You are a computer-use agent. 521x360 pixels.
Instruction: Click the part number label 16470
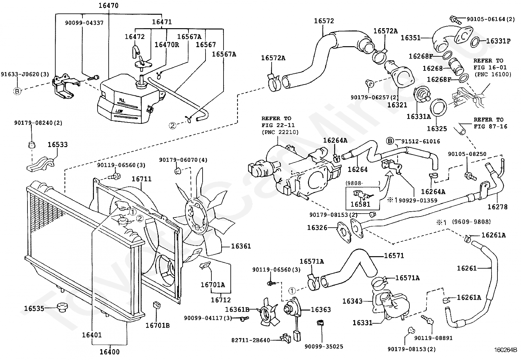pyautogui.click(x=108, y=5)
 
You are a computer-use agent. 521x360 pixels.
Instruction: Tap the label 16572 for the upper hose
pyautogui.click(x=324, y=21)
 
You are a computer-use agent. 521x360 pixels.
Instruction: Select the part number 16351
pyautogui.click(x=410, y=38)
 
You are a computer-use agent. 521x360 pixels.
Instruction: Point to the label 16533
pyautogui.click(x=58, y=144)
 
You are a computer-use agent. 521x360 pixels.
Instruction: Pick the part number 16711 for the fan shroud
pyautogui.click(x=142, y=179)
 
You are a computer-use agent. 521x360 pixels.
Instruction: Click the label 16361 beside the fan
pyautogui.click(x=241, y=246)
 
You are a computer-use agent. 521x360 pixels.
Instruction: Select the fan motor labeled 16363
pyautogui.click(x=292, y=309)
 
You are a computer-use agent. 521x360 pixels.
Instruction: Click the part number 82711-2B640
pyautogui.click(x=250, y=340)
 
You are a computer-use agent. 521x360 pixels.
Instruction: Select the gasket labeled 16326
pyautogui.click(x=344, y=232)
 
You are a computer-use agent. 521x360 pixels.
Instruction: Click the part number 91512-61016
pyautogui.click(x=421, y=141)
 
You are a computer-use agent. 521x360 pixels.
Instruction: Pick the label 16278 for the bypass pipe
pyautogui.click(x=497, y=207)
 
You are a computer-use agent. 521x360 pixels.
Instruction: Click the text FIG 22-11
pyautogui.click(x=278, y=125)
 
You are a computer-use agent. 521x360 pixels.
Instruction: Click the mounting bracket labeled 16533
pyautogui.click(x=41, y=164)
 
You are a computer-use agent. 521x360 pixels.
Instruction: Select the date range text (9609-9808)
pyautogui.click(x=471, y=221)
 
